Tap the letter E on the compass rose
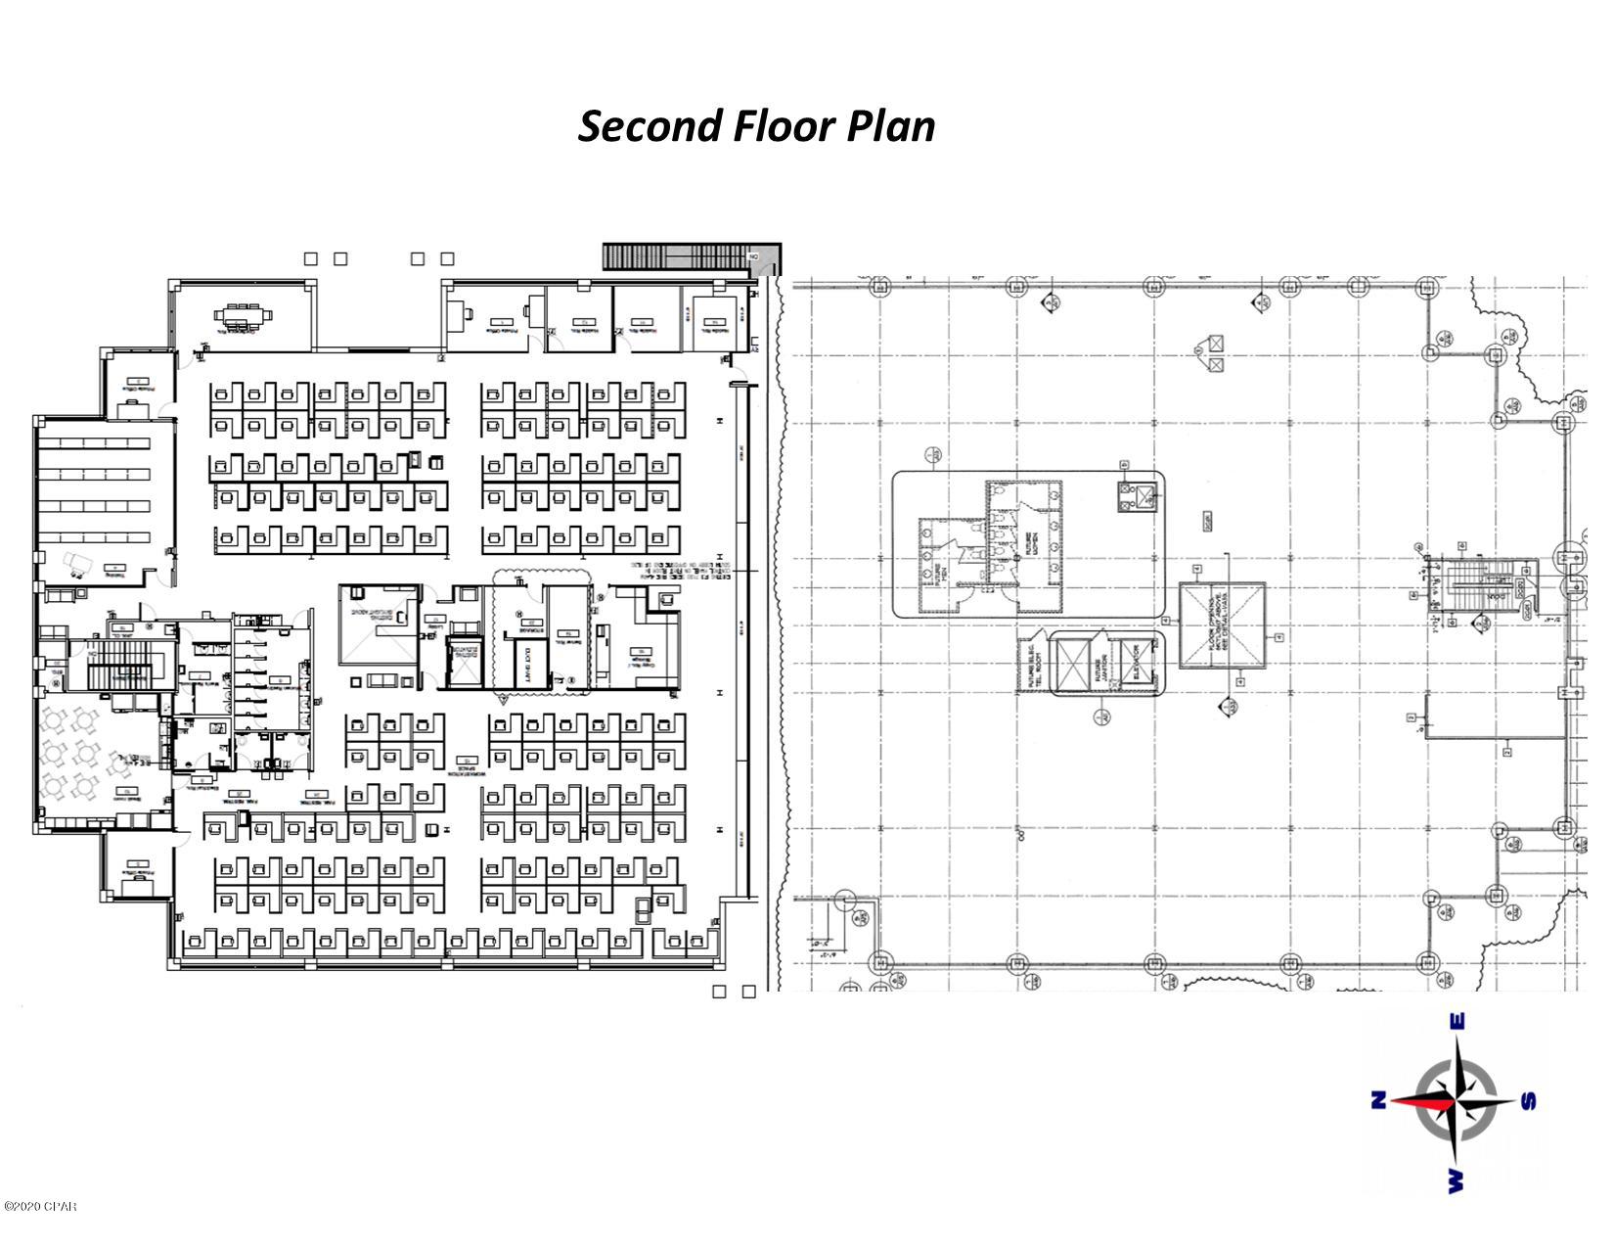point(1457,1022)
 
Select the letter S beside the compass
point(1529,1102)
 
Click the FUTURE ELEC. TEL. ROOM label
point(1030,666)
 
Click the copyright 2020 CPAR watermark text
point(39,1206)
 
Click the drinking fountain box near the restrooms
point(1136,496)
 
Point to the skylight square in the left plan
point(379,624)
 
